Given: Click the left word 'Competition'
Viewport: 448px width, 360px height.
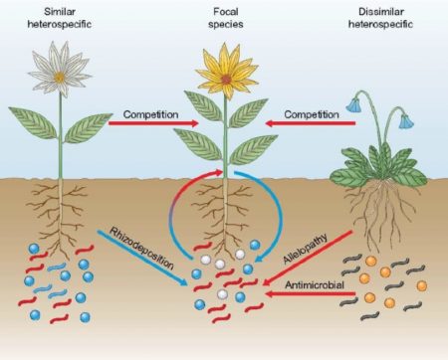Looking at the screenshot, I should [x=149, y=114].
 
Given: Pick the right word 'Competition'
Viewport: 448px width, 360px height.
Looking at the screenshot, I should [x=312, y=114].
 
